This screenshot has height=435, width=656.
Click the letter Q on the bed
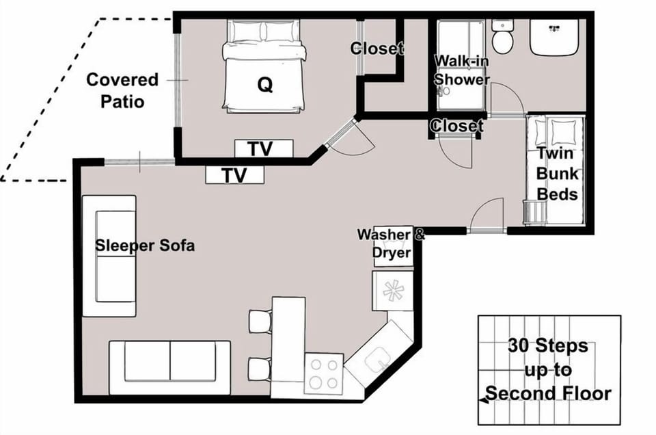click(265, 85)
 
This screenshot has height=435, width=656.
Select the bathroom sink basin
click(554, 37)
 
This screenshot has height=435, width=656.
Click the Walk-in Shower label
click(461, 70)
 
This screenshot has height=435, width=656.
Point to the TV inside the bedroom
click(264, 148)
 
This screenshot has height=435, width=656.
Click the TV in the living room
click(234, 175)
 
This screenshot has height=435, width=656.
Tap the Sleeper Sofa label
click(145, 246)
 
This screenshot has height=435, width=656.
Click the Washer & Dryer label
click(391, 243)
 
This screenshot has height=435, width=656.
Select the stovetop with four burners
click(324, 374)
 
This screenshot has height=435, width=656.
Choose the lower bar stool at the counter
click(260, 369)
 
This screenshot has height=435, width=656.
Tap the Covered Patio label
click(122, 90)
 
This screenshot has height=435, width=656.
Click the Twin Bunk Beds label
click(558, 174)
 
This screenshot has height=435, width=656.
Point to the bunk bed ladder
click(535, 213)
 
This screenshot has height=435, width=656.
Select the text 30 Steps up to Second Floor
click(548, 370)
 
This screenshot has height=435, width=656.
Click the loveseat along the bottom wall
click(169, 367)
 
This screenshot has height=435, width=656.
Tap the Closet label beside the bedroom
click(377, 49)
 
